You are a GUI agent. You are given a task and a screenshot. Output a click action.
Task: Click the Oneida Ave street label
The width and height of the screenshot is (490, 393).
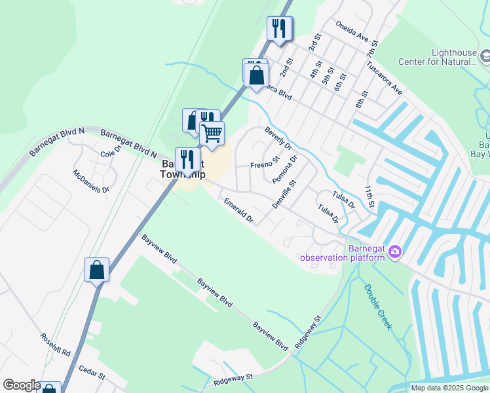pos(352,33)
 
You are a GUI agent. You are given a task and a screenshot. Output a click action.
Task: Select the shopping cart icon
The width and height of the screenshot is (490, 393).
pos(212,134)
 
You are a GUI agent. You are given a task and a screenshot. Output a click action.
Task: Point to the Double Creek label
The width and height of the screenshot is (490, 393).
pos(378,307)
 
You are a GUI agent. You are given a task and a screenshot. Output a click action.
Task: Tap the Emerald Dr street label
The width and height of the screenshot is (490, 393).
pos(238,211)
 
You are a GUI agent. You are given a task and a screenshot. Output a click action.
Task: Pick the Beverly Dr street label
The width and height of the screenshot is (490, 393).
pos(278,138)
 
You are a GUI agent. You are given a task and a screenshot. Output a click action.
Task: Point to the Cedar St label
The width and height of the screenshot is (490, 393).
pos(92,375)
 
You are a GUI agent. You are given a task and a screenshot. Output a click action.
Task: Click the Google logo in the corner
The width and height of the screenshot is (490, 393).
pos(21,385)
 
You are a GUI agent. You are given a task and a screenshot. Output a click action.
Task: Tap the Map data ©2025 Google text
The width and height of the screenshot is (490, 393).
pos(449,388)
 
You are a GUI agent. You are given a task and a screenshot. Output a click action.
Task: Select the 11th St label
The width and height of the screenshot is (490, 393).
pos(369,196)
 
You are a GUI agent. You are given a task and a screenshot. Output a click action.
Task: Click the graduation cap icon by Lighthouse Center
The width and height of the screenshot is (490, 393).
pos(485,57)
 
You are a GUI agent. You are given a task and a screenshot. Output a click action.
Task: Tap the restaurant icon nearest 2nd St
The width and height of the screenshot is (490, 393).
pos(280,28)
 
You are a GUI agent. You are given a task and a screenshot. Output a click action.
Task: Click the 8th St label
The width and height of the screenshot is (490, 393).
pos(362,98)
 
